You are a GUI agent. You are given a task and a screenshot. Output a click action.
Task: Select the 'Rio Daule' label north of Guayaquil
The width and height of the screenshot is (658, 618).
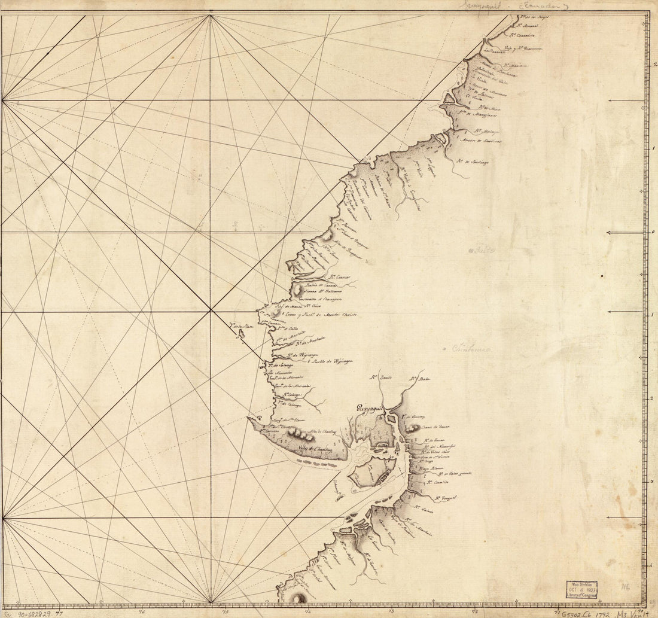click(x=380, y=378)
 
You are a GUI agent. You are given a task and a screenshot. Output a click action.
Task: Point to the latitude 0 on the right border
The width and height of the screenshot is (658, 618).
click(x=652, y=233)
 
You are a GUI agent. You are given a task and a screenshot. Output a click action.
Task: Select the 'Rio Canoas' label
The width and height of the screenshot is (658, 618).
click(x=339, y=277)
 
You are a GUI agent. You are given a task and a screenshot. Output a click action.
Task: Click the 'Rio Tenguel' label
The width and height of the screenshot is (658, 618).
click(x=446, y=497)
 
